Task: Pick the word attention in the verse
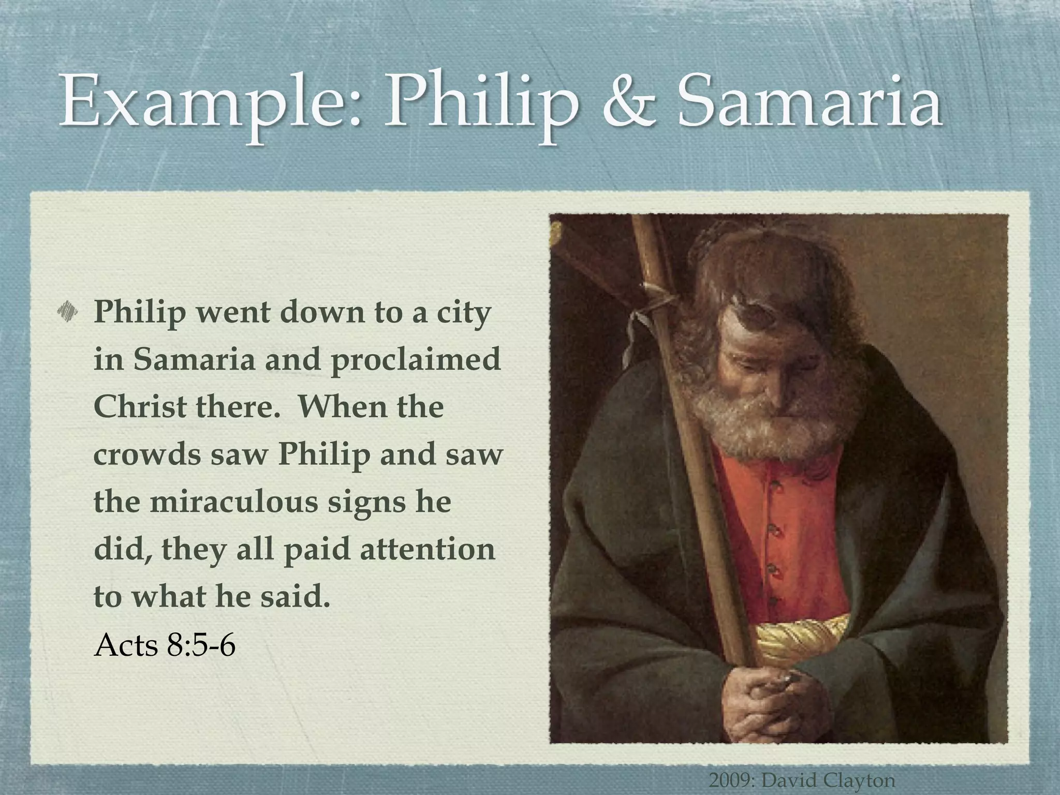(428, 549)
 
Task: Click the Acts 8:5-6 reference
(165, 645)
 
